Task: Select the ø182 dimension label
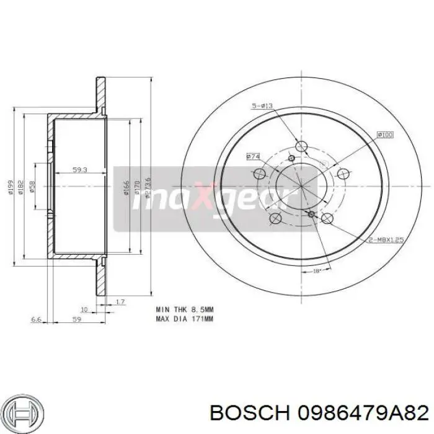click(x=21, y=187)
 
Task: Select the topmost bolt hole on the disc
click(x=301, y=146)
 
